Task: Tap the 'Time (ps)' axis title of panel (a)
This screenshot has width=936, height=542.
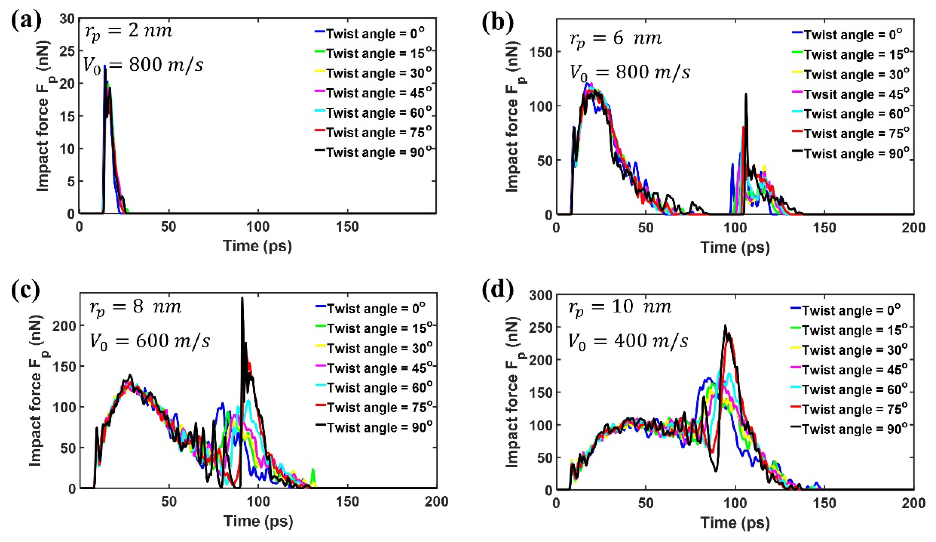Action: (x=258, y=246)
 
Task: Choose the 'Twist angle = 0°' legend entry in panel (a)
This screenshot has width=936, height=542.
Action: (x=375, y=34)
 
